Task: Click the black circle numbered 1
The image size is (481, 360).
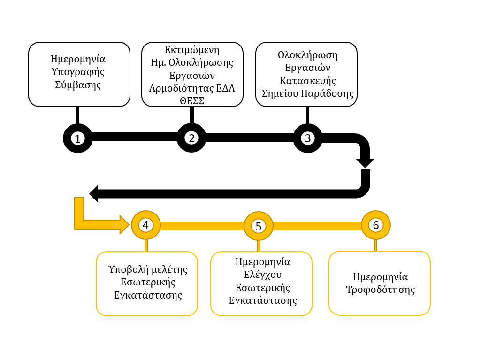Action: click(77, 138)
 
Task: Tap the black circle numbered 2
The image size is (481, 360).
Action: click(191, 138)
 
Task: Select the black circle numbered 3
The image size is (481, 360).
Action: click(308, 138)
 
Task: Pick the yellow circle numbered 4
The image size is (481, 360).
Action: click(146, 225)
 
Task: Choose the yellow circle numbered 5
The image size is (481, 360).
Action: click(258, 226)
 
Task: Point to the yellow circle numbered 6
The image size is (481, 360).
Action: click(376, 225)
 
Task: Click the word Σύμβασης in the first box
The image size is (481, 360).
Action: click(78, 84)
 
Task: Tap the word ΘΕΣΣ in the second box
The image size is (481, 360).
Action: click(192, 100)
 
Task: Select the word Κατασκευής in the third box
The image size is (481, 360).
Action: click(308, 81)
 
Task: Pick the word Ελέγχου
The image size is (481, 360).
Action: click(263, 275)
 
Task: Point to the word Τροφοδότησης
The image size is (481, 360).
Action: click(381, 290)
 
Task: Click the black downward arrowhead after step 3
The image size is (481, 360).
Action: click(365, 163)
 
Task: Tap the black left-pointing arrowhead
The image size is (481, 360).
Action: click(93, 194)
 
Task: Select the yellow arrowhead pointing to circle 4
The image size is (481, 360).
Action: click(124, 225)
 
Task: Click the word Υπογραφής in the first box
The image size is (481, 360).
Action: click(78, 72)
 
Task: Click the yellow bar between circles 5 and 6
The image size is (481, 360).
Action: click(317, 226)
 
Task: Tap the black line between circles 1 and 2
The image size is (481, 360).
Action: click(135, 137)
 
